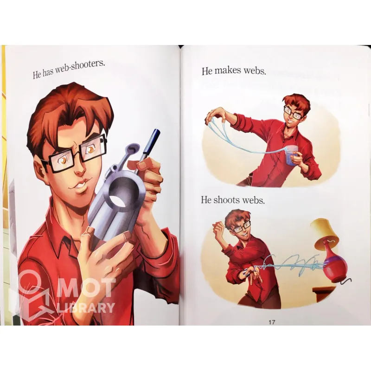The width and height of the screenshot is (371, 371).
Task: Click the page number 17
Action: coord(272,322)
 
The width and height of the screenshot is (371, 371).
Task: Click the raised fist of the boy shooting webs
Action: coord(217,229)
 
